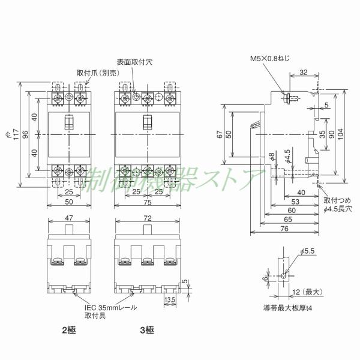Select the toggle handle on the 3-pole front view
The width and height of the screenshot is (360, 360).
point(146,122)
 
